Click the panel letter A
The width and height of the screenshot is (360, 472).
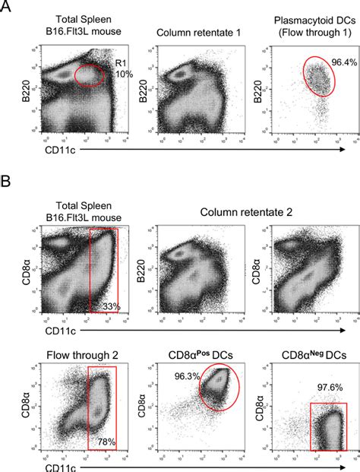(x=8, y=9)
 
